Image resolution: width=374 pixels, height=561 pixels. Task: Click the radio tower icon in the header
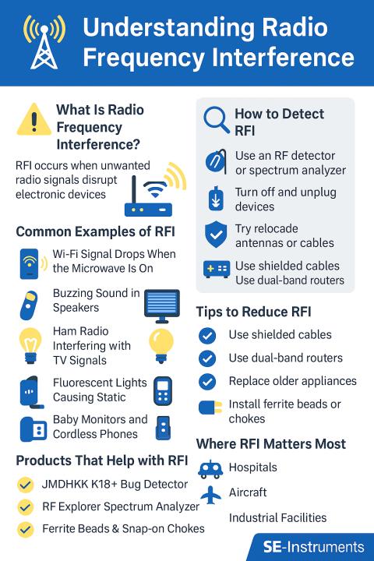pyautogui.click(x=44, y=42)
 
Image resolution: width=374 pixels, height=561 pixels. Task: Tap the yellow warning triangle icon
pyautogui.click(x=34, y=120)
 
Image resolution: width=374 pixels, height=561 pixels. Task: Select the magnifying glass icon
pyautogui.click(x=216, y=120)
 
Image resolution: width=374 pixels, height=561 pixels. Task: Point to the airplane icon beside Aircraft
pyautogui.click(x=211, y=495)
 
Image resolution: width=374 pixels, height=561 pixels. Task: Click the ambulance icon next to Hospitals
pyautogui.click(x=210, y=469)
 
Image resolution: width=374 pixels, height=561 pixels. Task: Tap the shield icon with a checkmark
pyautogui.click(x=216, y=235)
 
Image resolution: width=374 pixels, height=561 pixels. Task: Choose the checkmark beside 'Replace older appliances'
pyautogui.click(x=207, y=381)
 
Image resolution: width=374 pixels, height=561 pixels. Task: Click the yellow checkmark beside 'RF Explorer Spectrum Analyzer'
pyautogui.click(x=26, y=507)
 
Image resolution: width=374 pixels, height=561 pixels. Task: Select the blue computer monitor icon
pyautogui.click(x=162, y=305)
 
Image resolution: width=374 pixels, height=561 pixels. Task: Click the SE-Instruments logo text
pyautogui.click(x=313, y=547)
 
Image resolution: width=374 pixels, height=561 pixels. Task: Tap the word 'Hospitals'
pyautogui.click(x=252, y=467)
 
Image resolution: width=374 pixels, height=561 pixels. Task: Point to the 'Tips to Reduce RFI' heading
pyautogui.click(x=253, y=312)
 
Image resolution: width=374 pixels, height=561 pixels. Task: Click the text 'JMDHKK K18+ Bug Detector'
pyautogui.click(x=115, y=484)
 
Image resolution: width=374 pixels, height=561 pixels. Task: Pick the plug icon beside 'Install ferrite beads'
pyautogui.click(x=210, y=408)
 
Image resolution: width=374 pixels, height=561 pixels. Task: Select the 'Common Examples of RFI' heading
pyautogui.click(x=96, y=231)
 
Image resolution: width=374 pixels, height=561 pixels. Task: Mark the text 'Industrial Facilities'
pyautogui.click(x=277, y=517)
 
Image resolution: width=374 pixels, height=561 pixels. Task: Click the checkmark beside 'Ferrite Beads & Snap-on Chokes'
pyautogui.click(x=26, y=530)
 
